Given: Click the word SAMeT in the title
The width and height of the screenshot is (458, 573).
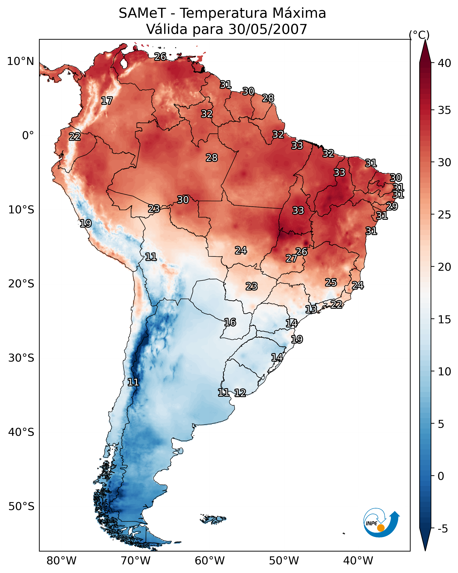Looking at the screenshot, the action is click(142, 13).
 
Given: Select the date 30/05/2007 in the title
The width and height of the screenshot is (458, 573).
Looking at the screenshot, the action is click(268, 29).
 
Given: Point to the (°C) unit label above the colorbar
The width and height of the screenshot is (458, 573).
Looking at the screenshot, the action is click(419, 35).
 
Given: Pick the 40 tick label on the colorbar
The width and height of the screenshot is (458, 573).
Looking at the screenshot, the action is click(444, 63).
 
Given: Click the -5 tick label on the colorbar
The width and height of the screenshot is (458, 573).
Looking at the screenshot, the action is click(442, 529).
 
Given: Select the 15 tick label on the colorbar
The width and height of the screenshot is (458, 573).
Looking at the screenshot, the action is click(444, 319).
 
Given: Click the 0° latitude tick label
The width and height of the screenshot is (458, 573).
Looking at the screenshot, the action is click(28, 135).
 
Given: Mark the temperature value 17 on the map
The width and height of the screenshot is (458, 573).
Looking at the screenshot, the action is click(107, 101).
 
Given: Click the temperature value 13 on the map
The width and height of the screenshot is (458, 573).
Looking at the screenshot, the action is click(311, 309).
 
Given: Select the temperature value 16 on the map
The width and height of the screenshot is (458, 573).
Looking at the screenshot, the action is click(230, 322).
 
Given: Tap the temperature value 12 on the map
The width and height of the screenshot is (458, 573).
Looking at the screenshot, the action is click(240, 393).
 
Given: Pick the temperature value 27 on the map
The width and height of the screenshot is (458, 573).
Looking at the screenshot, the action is click(292, 258).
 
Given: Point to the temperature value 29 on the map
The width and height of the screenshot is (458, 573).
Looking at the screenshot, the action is click(392, 206).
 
